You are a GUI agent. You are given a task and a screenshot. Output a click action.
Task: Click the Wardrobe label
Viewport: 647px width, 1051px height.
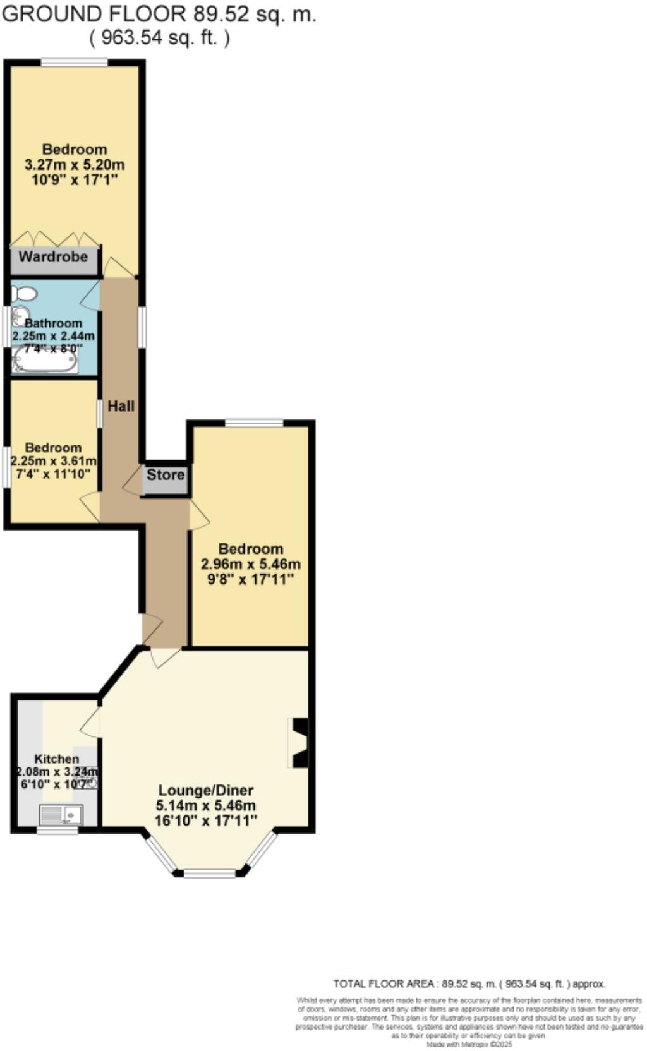[53, 257]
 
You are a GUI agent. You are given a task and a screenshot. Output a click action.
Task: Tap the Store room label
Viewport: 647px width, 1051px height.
[166, 475]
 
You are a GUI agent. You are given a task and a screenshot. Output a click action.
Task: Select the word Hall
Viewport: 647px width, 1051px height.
[121, 406]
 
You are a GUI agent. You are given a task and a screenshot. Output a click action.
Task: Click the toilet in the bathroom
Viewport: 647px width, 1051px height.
[24, 293]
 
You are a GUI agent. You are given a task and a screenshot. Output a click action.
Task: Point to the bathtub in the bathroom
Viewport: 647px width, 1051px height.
[44, 361]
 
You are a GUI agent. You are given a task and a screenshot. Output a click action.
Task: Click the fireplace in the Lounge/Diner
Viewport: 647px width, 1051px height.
[299, 743]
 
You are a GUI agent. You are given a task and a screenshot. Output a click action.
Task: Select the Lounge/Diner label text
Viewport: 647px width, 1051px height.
[205, 790]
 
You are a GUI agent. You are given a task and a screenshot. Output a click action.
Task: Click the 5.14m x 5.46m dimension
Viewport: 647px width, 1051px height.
[205, 805]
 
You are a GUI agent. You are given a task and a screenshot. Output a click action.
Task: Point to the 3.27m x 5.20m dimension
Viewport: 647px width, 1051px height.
[75, 165]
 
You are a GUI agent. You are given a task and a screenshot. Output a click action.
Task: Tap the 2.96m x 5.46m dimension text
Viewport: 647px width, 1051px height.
[250, 564]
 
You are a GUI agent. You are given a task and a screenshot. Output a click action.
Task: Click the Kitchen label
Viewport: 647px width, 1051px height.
[57, 759]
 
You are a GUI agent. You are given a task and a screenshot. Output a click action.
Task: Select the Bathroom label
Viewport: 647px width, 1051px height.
[54, 323]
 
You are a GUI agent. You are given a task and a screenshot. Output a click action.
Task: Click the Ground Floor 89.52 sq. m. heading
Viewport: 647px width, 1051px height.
[159, 15]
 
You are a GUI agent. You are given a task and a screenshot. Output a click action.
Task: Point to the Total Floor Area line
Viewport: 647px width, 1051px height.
[469, 983]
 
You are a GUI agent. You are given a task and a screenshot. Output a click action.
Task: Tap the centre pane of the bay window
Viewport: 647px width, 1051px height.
[209, 874]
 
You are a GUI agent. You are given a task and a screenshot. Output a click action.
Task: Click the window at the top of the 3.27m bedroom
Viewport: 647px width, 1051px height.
[74, 63]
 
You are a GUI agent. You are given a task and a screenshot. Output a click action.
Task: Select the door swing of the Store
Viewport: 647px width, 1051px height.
[134, 482]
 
